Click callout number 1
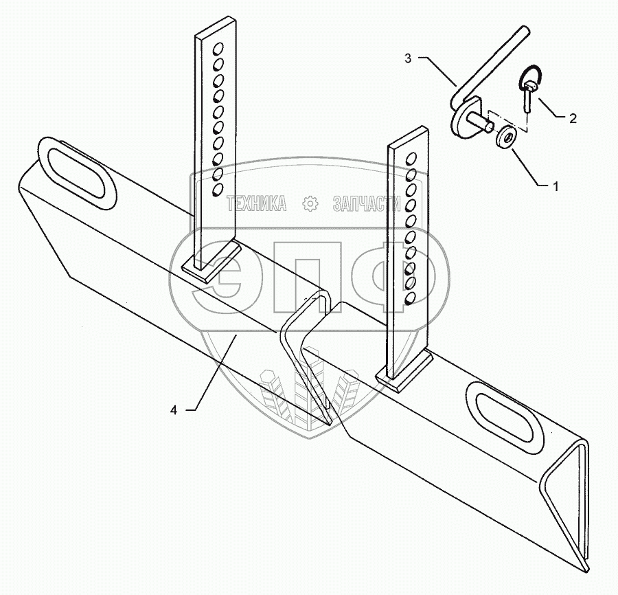tap(556, 186)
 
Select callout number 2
tap(571, 118)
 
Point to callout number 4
tap(174, 410)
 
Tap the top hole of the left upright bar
tap(220, 49)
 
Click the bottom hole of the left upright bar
tap(217, 189)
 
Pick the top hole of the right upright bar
tap(412, 159)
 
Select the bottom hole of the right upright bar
tap(410, 298)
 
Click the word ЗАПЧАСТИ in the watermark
tap(365, 203)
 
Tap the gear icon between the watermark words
tap(310, 203)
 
